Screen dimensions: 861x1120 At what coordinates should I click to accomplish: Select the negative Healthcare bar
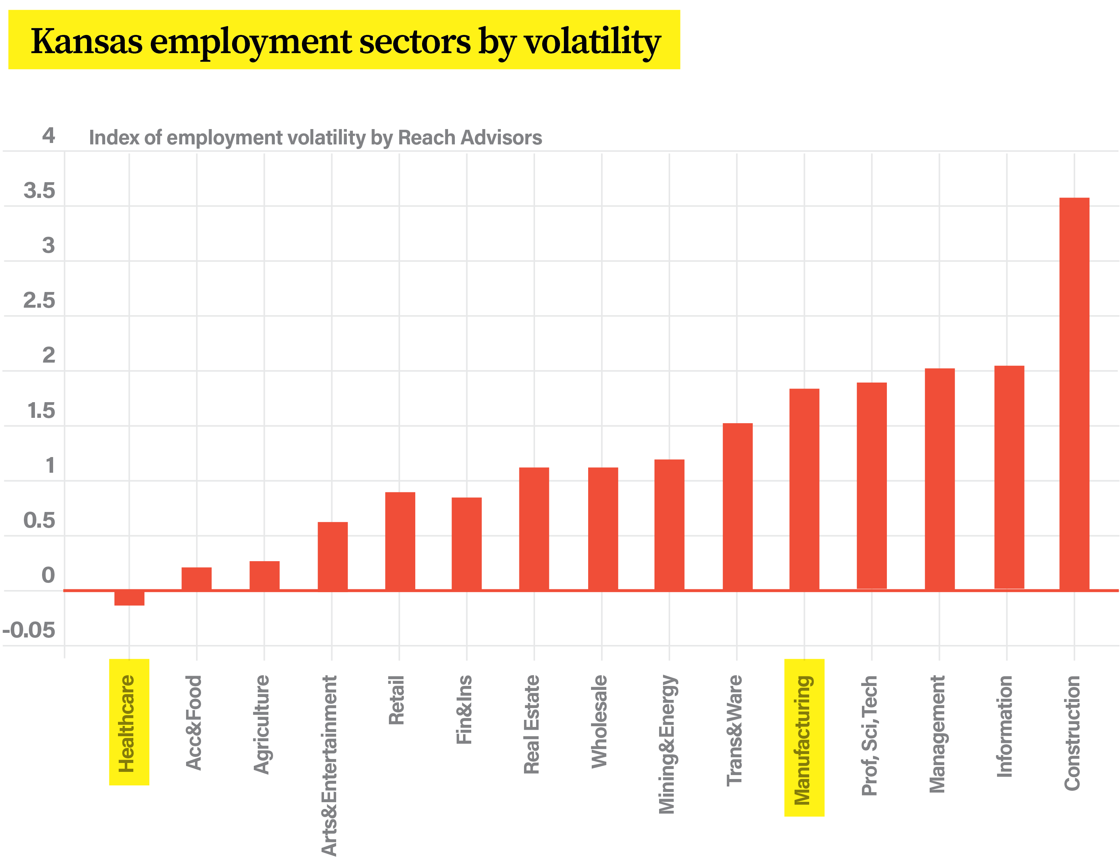point(129,598)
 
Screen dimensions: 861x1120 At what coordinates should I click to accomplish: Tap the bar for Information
point(1009,478)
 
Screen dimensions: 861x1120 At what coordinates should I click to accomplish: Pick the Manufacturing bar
point(804,490)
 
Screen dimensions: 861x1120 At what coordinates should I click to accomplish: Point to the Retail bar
point(400,541)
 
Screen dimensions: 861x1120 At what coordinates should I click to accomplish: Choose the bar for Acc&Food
point(196,579)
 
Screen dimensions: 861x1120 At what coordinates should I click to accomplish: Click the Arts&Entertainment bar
point(333,556)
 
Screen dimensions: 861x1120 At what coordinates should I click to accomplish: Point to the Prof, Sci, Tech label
point(870,736)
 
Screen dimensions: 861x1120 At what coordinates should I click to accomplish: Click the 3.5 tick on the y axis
point(40,191)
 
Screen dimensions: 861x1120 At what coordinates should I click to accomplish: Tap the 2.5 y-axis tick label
point(40,301)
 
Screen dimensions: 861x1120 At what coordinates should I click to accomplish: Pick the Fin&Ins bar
point(466,543)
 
